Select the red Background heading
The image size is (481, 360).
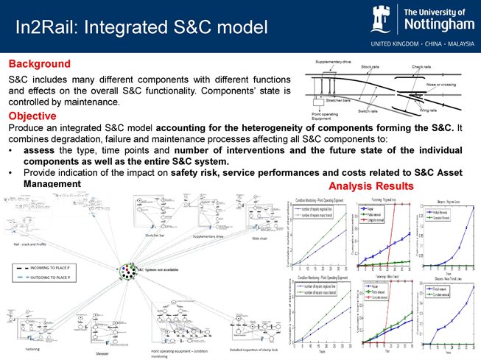39,63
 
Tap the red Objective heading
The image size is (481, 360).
34,116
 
